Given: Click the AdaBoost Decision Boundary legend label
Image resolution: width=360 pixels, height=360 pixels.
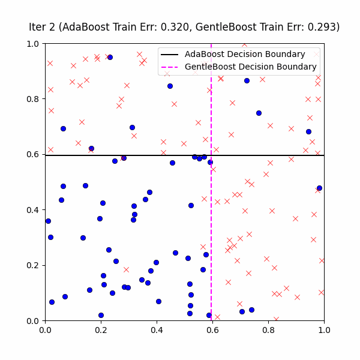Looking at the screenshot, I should (245, 54).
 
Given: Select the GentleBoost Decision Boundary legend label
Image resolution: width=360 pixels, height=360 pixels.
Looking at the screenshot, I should (251, 67).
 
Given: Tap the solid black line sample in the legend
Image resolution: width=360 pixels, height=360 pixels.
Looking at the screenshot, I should (170, 54).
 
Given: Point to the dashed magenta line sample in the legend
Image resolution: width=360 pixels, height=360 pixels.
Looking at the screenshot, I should (170, 67).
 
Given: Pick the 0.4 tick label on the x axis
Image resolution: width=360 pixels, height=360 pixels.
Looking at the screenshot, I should (157, 329).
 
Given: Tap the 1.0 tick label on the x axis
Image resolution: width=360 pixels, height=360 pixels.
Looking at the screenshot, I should (324, 329).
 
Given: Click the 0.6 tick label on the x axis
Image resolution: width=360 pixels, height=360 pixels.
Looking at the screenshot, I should (212, 329).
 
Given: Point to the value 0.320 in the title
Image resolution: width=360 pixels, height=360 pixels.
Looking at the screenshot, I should (177, 27).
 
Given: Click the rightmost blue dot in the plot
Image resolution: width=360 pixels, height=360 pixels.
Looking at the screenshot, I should (319, 188).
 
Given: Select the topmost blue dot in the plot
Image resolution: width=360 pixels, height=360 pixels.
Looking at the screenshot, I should (110, 57).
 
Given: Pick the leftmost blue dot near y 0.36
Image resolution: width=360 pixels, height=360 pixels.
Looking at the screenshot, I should (48, 221).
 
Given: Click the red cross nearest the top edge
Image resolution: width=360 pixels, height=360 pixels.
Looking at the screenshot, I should (244, 44).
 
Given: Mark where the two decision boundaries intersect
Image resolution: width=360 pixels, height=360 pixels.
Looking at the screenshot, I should (211, 155).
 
